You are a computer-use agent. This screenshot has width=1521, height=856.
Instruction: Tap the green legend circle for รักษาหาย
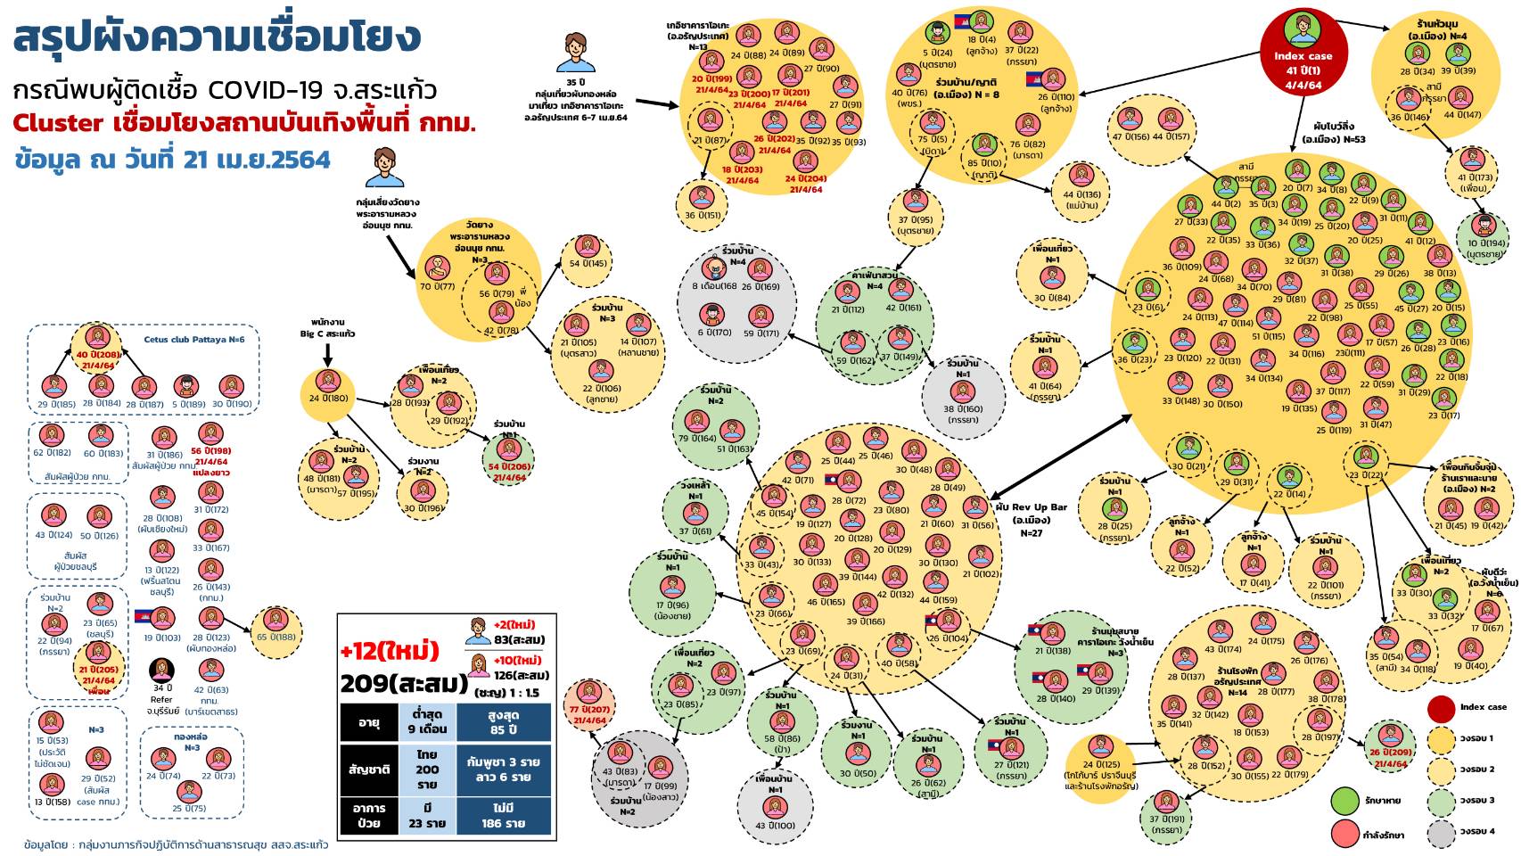pyautogui.click(x=1344, y=800)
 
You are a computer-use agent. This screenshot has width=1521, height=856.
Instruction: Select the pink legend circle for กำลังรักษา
pyautogui.click(x=1344, y=834)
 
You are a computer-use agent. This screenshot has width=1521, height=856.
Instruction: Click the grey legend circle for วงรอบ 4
pyautogui.click(x=1441, y=832)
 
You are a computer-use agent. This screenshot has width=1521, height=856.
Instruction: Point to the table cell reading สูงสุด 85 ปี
pyautogui.click(x=503, y=722)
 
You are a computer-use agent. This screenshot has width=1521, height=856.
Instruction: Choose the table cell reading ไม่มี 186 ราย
pyautogui.click(x=503, y=815)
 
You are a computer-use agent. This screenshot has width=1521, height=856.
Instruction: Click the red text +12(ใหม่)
pyautogui.click(x=390, y=650)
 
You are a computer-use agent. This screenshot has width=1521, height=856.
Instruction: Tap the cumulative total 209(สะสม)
pyautogui.click(x=403, y=684)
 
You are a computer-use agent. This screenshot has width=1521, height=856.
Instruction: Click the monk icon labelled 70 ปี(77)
pyautogui.click(x=437, y=268)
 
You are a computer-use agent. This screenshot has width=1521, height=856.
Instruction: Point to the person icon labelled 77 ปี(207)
pyautogui.click(x=589, y=692)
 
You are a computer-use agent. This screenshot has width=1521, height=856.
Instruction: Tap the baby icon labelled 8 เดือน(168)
pyautogui.click(x=714, y=268)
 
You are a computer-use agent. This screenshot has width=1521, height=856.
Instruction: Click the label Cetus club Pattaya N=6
pyautogui.click(x=193, y=340)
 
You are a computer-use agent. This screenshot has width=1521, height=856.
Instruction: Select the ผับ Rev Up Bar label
pyautogui.click(x=1032, y=507)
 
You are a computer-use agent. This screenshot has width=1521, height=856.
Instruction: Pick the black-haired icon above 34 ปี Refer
pyautogui.click(x=161, y=670)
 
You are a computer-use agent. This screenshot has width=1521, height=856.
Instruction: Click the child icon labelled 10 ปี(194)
pyautogui.click(x=1484, y=226)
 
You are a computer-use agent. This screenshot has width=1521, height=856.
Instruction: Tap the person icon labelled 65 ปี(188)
pyautogui.click(x=275, y=620)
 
